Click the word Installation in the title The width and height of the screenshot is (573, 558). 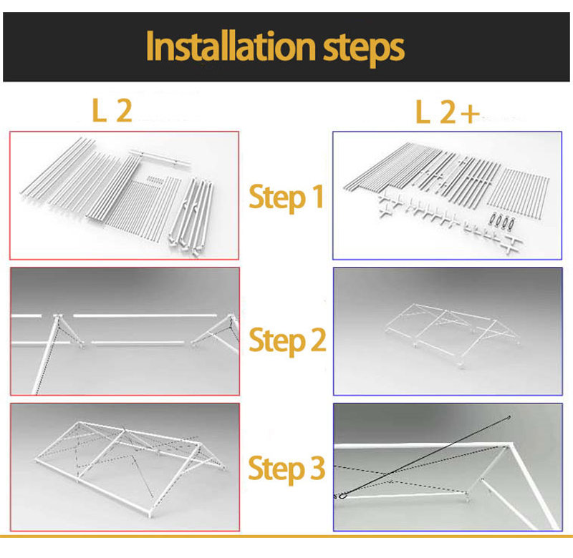tap(231, 46)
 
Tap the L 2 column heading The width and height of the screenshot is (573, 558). tap(112, 110)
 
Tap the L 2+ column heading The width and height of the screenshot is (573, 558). tap(447, 112)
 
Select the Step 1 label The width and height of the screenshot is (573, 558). tap(286, 197)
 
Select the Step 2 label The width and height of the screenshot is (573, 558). tap(287, 340)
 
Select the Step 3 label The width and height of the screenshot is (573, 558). tap(286, 469)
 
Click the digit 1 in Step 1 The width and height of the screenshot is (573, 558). tap(318, 196)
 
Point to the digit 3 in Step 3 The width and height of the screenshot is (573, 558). tap(317, 468)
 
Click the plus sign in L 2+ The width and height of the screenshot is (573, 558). tap(470, 114)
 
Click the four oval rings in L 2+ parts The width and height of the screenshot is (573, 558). tap(502, 220)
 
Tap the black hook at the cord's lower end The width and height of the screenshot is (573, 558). tap(342, 495)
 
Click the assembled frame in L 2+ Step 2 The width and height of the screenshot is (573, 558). tap(451, 334)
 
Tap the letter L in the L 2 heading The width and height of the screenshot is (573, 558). tap(99, 110)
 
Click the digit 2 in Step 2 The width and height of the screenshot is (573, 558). tap(318, 339)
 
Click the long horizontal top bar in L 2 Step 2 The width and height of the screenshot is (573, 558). tap(145, 315)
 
